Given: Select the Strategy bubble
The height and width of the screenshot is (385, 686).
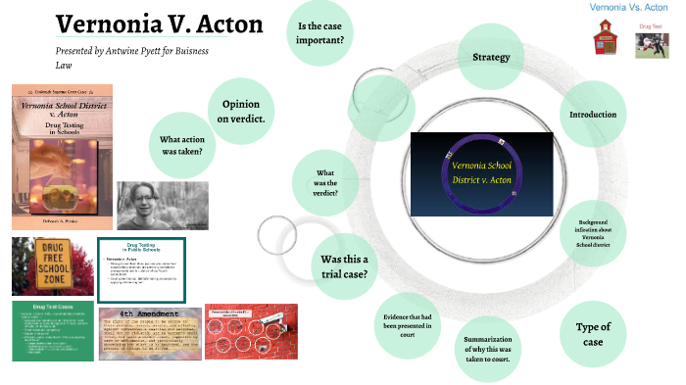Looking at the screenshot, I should coord(491,57).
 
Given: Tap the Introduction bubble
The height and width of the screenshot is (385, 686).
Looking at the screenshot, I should coord(593,115).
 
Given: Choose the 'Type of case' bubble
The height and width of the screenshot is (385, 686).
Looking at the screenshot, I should coord(594,334).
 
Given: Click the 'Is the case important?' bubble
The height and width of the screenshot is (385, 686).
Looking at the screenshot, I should coord(325,32).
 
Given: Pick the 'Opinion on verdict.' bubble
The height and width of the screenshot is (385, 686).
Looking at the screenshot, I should coord(242,111).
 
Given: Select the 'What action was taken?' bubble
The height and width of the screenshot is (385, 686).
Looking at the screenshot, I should coord(181,145).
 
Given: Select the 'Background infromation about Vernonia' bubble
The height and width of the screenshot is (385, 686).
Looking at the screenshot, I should coord(594,227).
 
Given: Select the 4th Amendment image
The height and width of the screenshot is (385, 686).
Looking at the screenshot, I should coord(149,333).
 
